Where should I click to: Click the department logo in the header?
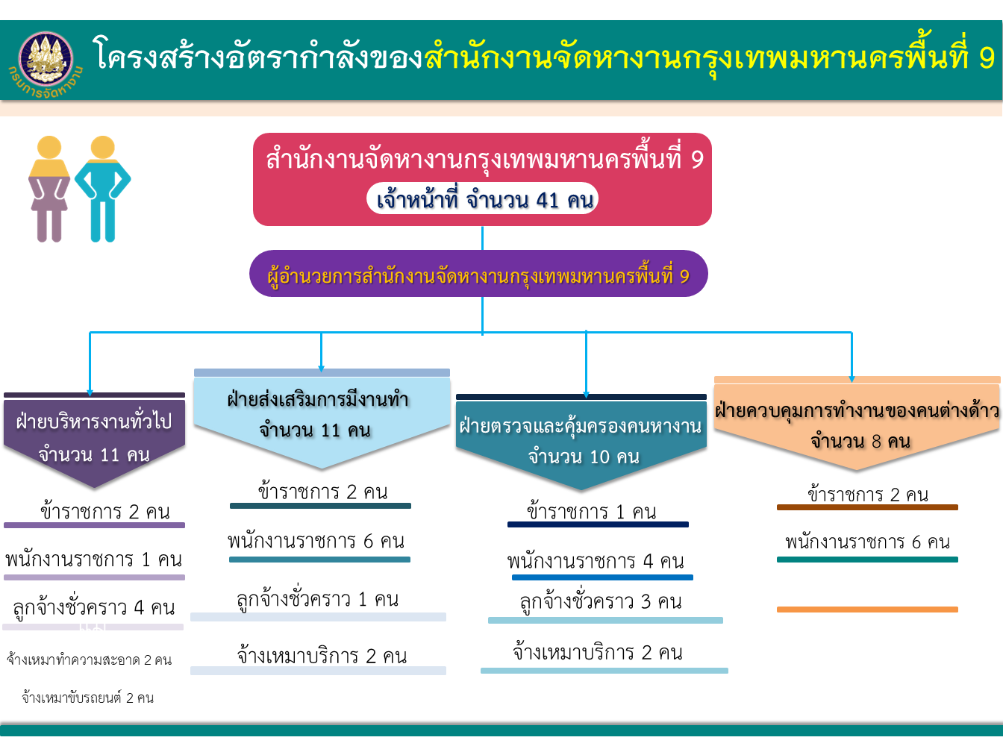pos(46,60)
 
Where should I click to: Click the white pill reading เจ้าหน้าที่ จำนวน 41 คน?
pos(483,199)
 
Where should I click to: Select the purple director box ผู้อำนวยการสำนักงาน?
pos(478,275)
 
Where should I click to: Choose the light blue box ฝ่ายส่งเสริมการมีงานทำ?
pos(321,415)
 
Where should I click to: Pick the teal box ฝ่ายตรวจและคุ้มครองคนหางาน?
pos(581,440)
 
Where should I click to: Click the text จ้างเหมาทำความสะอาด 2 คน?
pos(90,660)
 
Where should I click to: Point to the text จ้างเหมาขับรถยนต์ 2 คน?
pos(88,698)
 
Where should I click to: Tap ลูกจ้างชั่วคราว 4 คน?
pos(94,607)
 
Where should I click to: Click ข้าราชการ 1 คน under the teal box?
pos(592,512)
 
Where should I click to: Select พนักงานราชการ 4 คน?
pos(596,561)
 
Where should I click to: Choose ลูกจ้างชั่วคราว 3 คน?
pos(601,601)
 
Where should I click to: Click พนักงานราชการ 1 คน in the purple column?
pos(94,559)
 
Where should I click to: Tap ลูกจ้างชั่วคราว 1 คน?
pos(318,599)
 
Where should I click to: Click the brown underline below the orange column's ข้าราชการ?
pos(867,507)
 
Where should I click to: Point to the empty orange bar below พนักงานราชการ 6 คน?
pos(867,610)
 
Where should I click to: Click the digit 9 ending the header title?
pos(987,58)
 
